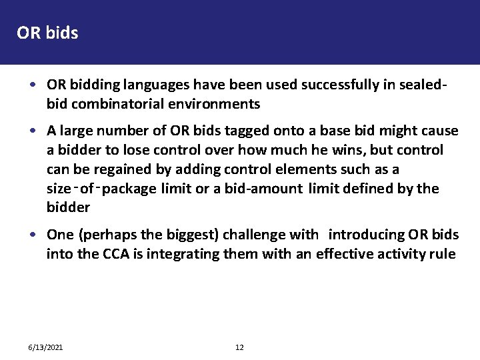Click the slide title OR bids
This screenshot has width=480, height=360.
pyautogui.click(x=47, y=33)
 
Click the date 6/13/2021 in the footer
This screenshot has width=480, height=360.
pyautogui.click(x=46, y=347)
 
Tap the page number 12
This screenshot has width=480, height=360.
pyautogui.click(x=240, y=347)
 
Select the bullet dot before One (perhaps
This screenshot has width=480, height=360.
pyautogui.click(x=33, y=235)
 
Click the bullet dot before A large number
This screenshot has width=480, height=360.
pyautogui.click(x=33, y=131)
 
